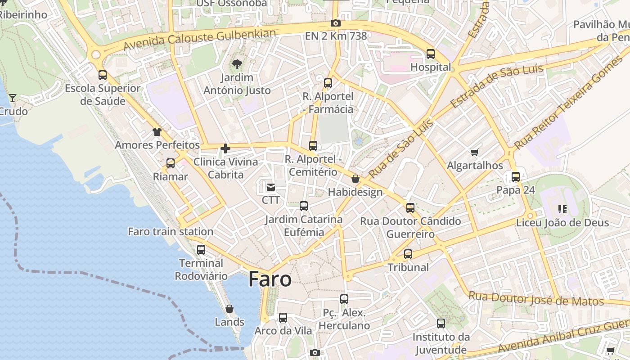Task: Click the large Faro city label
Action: (270, 279)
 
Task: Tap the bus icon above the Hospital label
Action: (431, 54)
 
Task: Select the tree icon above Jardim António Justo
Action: (237, 64)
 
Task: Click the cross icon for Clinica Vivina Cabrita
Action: (225, 148)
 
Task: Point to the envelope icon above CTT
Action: (271, 187)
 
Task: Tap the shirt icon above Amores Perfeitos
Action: (157, 132)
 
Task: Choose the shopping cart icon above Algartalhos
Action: (474, 152)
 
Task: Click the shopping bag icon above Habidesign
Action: (355, 179)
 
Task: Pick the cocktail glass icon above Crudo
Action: (13, 97)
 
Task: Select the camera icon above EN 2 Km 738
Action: (335, 23)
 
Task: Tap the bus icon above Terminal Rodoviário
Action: (201, 249)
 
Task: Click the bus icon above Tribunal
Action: (408, 254)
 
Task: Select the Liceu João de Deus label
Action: (562, 223)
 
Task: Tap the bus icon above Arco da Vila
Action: (283, 317)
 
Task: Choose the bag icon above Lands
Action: (229, 309)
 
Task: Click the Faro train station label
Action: (171, 232)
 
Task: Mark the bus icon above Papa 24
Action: (516, 176)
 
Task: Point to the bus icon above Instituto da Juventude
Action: (441, 323)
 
